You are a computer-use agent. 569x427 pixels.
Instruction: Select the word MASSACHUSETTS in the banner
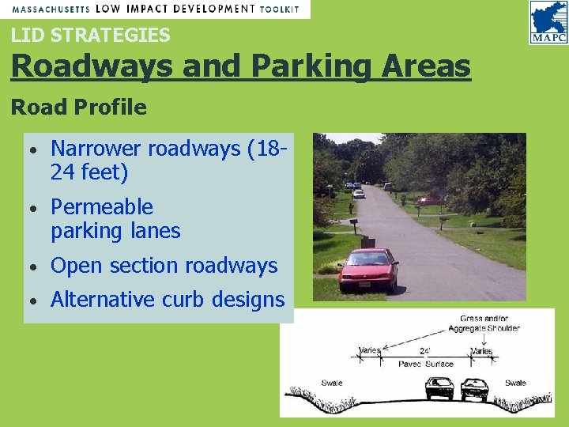tap(51, 9)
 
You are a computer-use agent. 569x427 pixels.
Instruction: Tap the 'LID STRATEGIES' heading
tap(90, 35)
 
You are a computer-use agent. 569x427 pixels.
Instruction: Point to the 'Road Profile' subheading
tap(79, 108)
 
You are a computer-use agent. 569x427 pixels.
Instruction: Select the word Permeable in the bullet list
tap(102, 207)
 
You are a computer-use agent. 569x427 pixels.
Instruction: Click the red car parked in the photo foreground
tap(367, 269)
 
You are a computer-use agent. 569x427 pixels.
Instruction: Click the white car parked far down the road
tap(359, 193)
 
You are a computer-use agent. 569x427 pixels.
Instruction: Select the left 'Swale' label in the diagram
tap(332, 383)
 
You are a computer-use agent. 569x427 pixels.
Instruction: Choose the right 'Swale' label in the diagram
tap(515, 383)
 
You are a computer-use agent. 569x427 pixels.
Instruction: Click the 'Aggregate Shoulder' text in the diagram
tap(484, 327)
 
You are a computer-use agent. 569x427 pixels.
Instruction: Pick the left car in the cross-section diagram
tap(439, 388)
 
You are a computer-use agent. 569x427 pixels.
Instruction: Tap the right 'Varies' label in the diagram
tap(481, 350)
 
